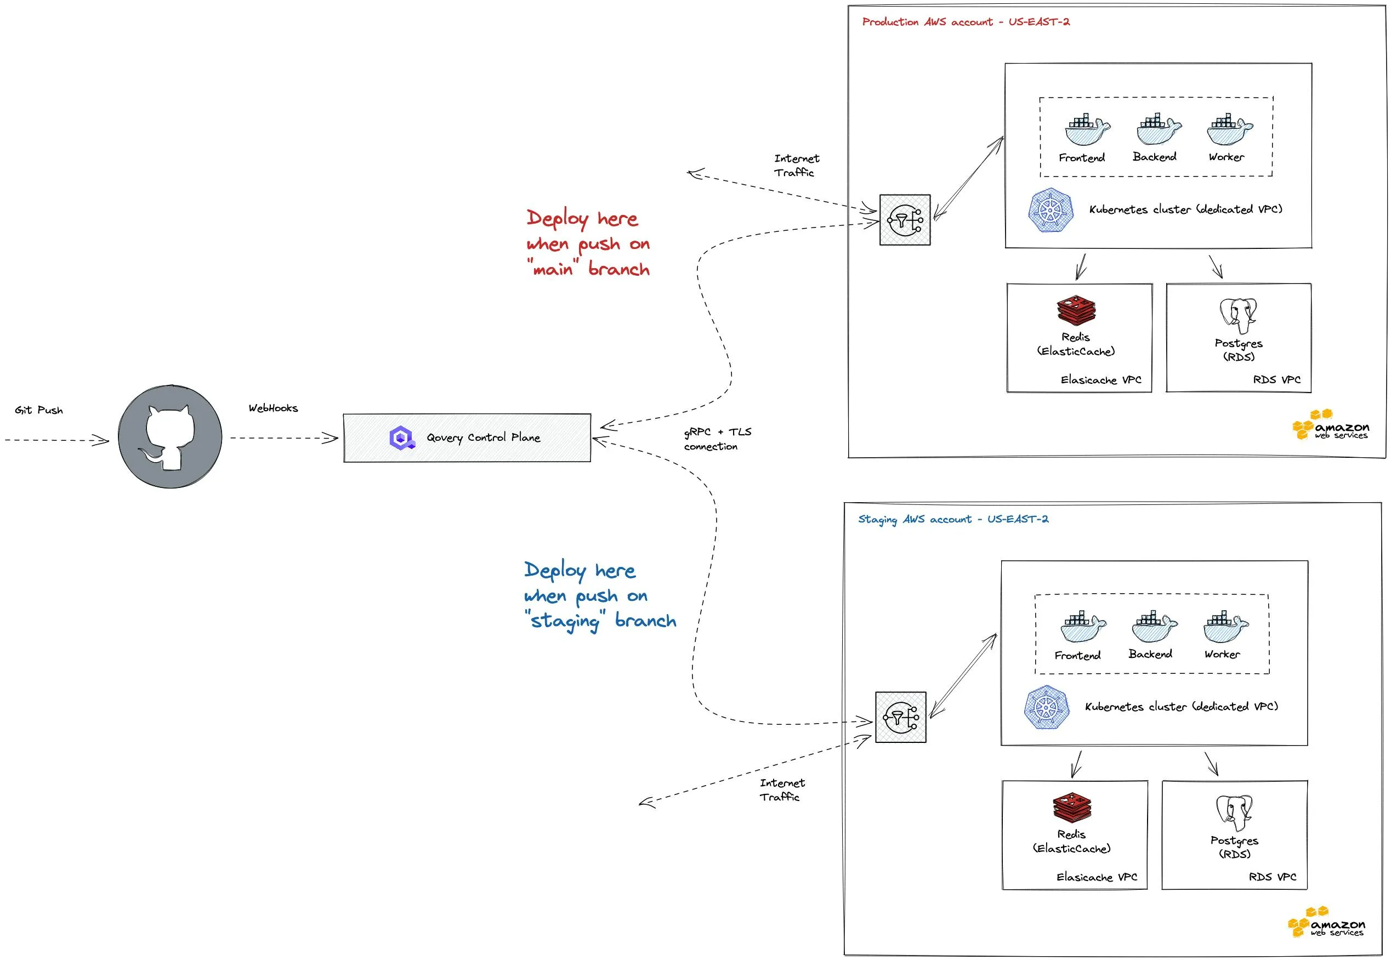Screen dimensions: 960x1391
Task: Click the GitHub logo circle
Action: click(170, 437)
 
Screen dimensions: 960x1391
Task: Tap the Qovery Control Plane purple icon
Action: click(402, 438)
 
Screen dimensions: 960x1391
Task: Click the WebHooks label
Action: click(273, 408)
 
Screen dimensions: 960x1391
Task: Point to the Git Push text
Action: click(38, 410)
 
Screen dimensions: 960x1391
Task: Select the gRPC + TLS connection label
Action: click(717, 439)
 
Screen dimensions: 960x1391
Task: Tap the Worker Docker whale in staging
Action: click(1225, 627)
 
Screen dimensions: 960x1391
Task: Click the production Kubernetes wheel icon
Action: click(1051, 211)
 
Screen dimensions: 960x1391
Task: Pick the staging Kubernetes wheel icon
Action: click(1047, 707)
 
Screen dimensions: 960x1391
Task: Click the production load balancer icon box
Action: click(905, 220)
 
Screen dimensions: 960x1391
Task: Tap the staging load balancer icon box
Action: click(900, 717)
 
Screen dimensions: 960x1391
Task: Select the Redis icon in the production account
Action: click(1076, 310)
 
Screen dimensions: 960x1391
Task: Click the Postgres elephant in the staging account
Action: click(1234, 812)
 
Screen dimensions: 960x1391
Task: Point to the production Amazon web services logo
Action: click(1330, 425)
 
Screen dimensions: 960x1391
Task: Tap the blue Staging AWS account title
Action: click(952, 519)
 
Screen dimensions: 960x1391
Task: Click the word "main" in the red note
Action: click(553, 269)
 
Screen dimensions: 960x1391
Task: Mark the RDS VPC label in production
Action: click(1276, 380)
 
